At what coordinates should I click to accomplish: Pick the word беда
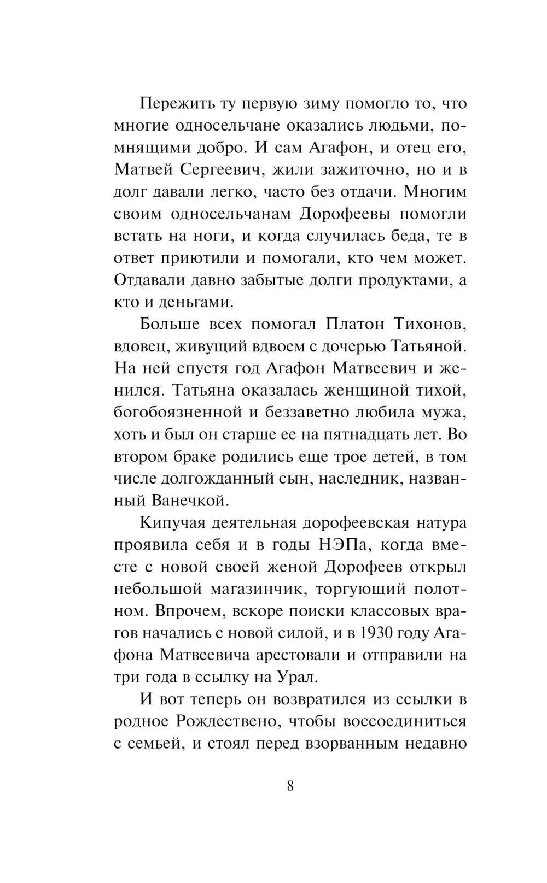pos(403,236)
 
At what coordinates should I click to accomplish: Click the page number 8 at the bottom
pos(290,786)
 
